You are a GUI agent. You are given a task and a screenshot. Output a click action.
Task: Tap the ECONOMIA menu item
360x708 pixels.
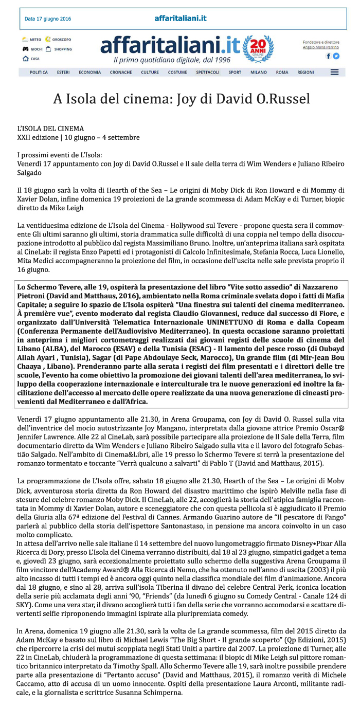(x=89, y=72)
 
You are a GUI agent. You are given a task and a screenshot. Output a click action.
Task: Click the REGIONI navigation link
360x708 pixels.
(x=305, y=72)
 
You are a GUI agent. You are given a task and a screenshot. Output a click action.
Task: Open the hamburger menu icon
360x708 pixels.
(x=334, y=72)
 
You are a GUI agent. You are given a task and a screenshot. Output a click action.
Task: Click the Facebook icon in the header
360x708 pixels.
(x=329, y=56)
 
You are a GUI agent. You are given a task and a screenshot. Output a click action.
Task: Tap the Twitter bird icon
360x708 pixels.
(x=336, y=56)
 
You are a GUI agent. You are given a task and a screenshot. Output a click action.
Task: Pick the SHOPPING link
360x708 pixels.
(x=62, y=49)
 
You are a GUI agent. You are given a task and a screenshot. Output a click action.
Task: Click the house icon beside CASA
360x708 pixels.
(x=25, y=59)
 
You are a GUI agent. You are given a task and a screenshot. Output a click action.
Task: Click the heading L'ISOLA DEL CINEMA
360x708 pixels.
(x=50, y=129)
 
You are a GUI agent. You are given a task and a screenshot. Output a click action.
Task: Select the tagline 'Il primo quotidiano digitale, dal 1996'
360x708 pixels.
(x=172, y=60)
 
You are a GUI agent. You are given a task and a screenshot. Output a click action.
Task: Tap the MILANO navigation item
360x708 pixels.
(x=259, y=72)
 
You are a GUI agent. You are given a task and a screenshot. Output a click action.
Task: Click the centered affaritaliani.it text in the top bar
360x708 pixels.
(x=181, y=19)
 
